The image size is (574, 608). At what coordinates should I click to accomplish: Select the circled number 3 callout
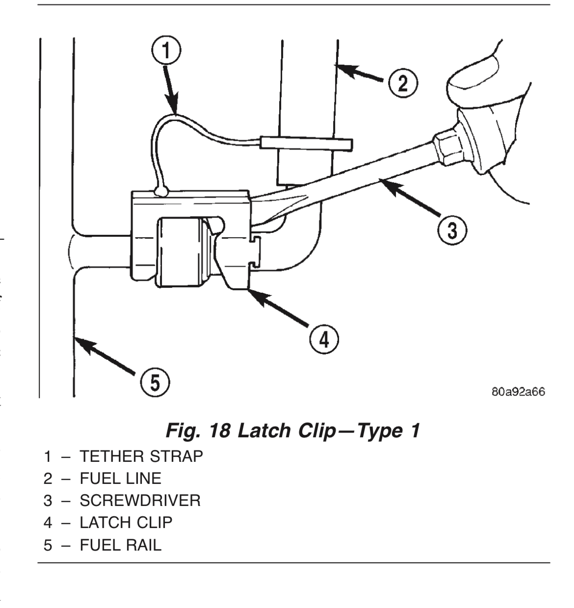[x=450, y=229]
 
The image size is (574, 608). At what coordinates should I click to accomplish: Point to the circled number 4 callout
[x=322, y=339]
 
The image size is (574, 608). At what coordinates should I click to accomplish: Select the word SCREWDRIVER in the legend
[x=140, y=501]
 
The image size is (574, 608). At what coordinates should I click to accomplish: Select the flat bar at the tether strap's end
[x=305, y=143]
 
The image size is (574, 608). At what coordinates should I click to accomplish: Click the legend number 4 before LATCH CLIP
[x=48, y=523]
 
